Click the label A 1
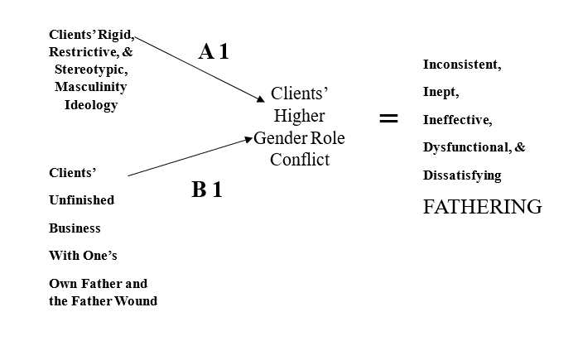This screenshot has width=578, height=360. click(x=214, y=51)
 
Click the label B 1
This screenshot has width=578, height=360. click(x=206, y=190)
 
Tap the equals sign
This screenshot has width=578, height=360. click(x=388, y=118)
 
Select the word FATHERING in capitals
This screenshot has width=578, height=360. click(x=482, y=207)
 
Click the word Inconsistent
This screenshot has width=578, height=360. click(x=462, y=64)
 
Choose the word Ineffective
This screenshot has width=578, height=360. click(x=457, y=120)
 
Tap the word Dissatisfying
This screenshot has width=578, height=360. click(x=462, y=175)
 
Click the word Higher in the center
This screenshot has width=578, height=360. click(x=299, y=116)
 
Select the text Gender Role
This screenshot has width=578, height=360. click(x=299, y=137)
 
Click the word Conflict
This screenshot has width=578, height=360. click(x=299, y=159)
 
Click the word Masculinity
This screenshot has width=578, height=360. click(x=91, y=87)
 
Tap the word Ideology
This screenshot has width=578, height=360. click(x=91, y=105)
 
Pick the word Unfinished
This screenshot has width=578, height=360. click(x=82, y=200)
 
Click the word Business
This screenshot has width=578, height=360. click(x=75, y=228)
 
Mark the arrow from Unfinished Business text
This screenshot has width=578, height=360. click(x=189, y=157)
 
